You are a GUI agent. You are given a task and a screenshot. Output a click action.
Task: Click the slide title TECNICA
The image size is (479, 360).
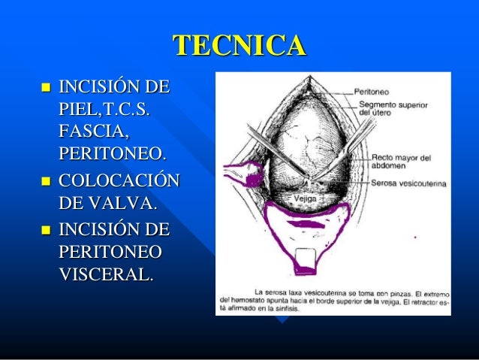tap(240, 47)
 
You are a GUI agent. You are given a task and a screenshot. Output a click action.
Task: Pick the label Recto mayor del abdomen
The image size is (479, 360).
tap(401, 162)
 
